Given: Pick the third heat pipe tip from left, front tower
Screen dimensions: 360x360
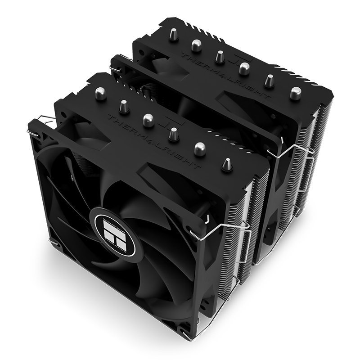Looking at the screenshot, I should tap(148, 119).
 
